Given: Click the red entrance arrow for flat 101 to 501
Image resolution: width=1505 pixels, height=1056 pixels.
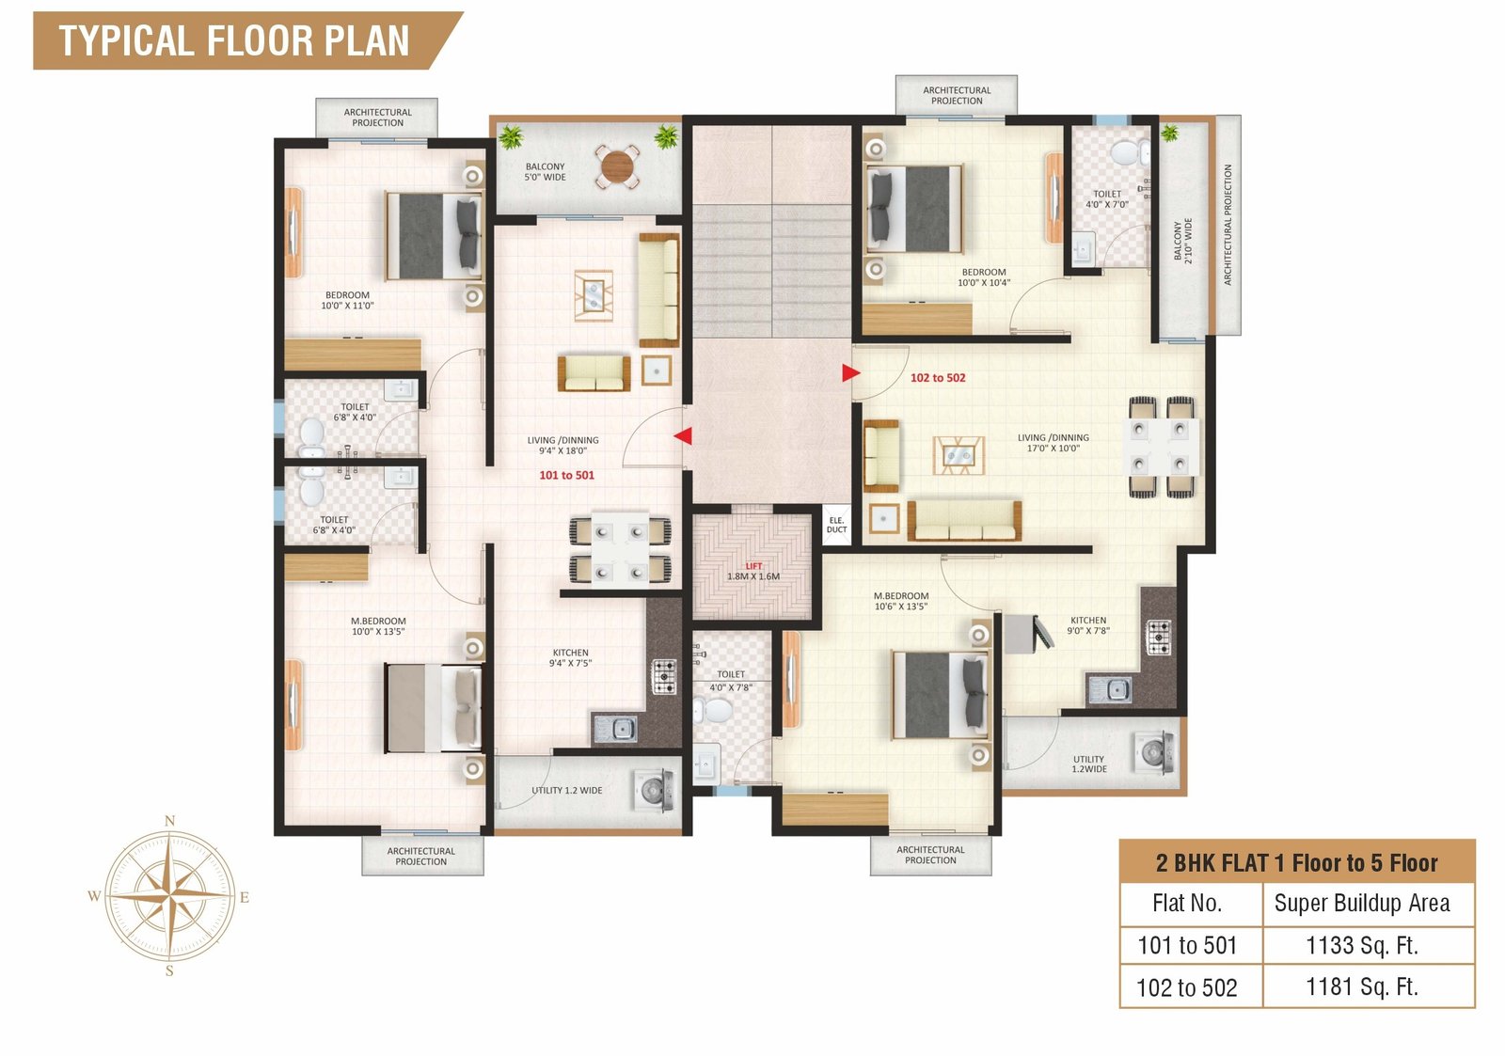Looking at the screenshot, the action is click(x=684, y=436).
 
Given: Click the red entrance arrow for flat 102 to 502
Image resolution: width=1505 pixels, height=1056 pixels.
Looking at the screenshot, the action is click(x=850, y=372).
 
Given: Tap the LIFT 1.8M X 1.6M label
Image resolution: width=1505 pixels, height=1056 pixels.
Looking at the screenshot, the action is click(x=753, y=572).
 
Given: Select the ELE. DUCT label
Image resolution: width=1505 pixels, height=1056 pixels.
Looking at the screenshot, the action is click(x=836, y=525).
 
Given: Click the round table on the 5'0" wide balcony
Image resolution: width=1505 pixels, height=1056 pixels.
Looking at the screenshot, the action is click(x=617, y=165).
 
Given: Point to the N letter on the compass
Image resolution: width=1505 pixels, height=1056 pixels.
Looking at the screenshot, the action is click(x=170, y=820).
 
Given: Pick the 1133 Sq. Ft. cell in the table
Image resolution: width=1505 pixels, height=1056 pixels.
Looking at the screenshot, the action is click(x=1362, y=946).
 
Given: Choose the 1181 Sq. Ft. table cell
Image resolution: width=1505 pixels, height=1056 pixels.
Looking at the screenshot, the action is click(x=1362, y=986).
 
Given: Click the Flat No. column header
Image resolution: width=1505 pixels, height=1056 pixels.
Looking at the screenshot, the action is click(x=1187, y=904).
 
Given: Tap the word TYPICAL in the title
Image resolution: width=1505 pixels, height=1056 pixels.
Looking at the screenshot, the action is click(x=127, y=41).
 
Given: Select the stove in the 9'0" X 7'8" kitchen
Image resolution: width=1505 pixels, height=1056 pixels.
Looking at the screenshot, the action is click(x=1159, y=638).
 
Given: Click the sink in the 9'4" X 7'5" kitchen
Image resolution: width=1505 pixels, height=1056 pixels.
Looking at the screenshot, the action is click(x=615, y=729).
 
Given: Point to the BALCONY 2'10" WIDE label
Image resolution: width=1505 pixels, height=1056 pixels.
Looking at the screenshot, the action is click(x=1183, y=241).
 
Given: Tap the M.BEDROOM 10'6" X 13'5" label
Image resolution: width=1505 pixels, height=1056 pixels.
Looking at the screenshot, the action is click(x=901, y=601).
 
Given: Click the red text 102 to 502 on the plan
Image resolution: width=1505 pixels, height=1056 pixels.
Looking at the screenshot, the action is click(x=938, y=378).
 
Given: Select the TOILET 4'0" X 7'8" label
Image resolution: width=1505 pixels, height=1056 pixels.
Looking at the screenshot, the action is click(x=731, y=681).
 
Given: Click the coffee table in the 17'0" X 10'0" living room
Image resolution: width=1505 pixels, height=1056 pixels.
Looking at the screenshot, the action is click(x=958, y=455).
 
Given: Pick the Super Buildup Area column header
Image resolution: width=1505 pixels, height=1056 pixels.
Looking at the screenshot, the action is click(x=1362, y=904).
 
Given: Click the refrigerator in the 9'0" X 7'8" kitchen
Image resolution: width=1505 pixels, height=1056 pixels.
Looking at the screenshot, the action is click(x=1027, y=634).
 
